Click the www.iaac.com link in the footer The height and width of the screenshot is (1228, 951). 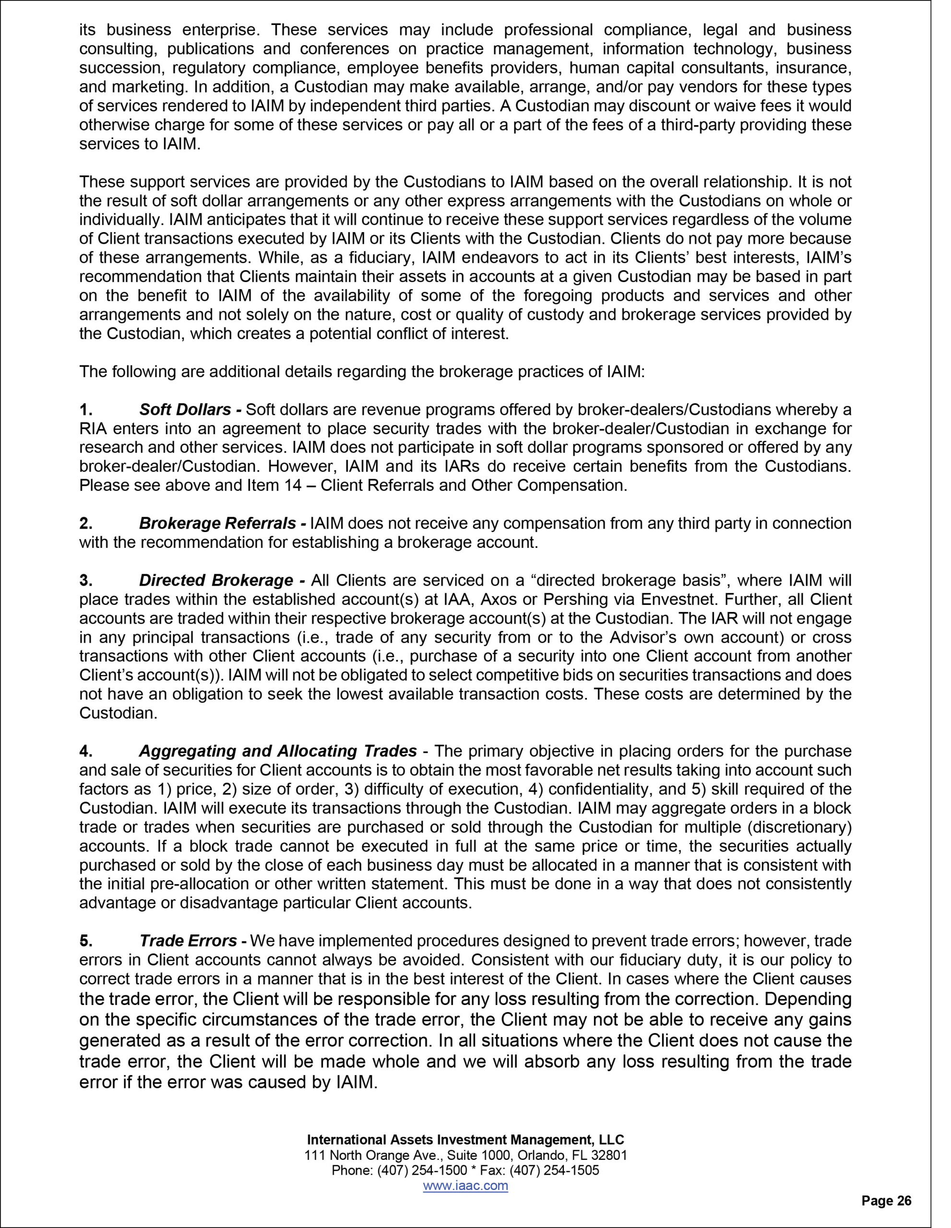coord(465,1185)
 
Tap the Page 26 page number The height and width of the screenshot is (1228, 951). coord(886,1201)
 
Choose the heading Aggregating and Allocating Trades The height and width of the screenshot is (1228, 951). coord(278,751)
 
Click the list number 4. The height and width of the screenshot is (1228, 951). coord(85,751)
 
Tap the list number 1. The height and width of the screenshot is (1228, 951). coord(85,409)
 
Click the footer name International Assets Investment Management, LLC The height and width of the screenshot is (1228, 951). coord(465,1140)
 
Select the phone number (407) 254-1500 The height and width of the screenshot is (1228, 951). coord(423,1170)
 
